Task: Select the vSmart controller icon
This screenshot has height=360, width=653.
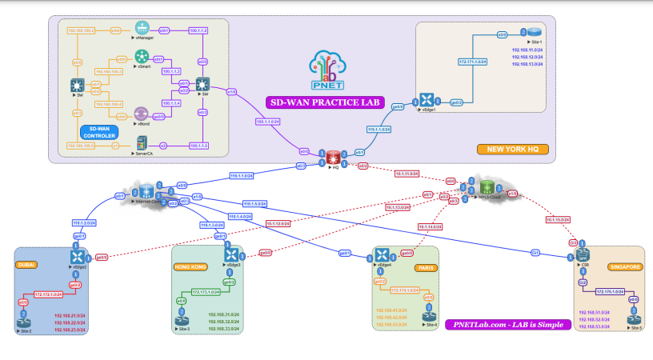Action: [x=142, y=56]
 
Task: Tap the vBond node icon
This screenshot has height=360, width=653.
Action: [x=142, y=114]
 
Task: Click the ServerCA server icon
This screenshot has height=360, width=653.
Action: [x=142, y=144]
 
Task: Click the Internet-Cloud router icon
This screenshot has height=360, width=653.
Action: [x=146, y=191]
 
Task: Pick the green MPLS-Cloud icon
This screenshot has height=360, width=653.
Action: [x=486, y=189]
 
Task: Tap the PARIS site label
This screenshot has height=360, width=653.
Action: [x=427, y=268]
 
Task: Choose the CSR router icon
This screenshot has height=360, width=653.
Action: [x=583, y=254]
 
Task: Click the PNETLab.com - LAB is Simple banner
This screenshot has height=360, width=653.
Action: [x=507, y=324]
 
